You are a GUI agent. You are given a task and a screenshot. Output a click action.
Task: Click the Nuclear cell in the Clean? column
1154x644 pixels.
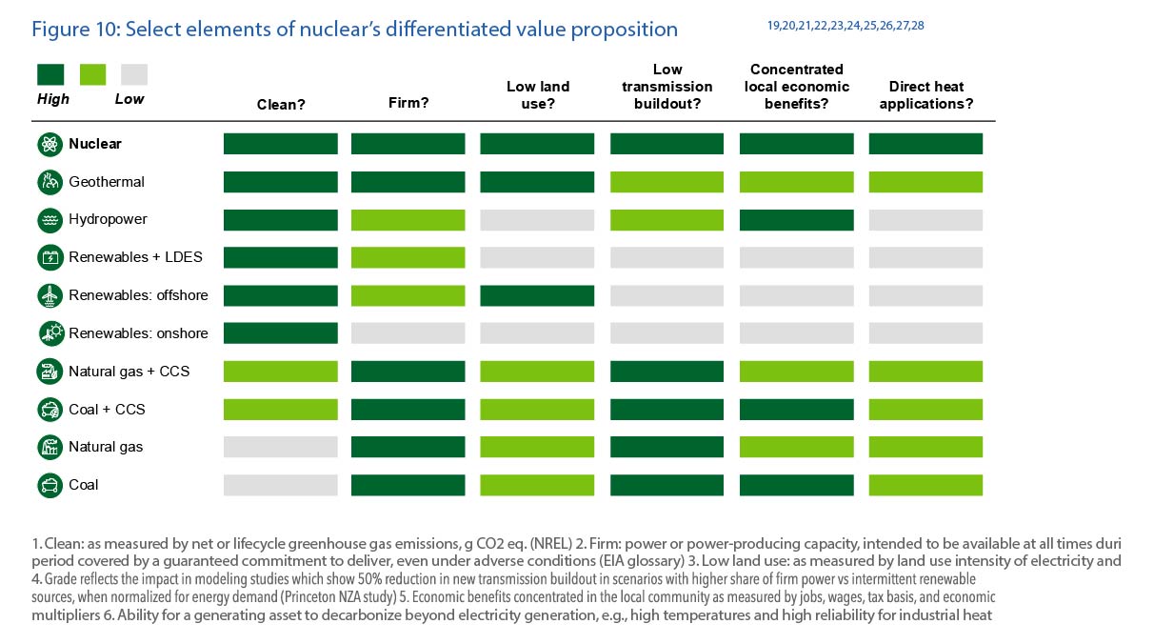click(281, 144)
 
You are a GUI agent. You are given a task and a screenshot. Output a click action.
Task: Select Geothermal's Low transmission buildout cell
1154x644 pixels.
click(667, 182)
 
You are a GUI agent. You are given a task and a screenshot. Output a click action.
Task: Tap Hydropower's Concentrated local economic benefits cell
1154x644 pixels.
click(796, 219)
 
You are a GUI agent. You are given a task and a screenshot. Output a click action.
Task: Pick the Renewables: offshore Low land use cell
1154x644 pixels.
click(537, 295)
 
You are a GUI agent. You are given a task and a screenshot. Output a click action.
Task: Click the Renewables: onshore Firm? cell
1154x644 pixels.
click(408, 332)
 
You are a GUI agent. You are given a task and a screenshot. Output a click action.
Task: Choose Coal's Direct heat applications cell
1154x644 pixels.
click(925, 485)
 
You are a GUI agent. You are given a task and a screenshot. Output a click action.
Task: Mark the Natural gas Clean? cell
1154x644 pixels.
click(281, 447)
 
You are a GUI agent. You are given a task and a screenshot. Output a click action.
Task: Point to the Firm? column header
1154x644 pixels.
click(408, 104)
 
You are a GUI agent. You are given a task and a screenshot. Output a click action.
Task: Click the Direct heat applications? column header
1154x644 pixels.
click(925, 95)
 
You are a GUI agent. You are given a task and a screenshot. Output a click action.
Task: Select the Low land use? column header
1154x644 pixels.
click(537, 95)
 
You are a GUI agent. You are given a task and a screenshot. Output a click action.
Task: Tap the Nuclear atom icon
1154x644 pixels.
click(50, 145)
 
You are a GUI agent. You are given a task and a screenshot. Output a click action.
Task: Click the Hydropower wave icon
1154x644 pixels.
click(50, 220)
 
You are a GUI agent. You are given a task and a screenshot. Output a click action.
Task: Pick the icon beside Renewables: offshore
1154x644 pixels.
click(50, 295)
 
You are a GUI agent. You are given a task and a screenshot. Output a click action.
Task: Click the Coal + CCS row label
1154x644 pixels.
click(107, 410)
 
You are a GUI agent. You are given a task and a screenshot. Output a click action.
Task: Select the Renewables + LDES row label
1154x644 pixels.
click(134, 257)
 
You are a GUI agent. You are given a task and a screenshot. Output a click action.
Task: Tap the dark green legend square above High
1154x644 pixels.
click(50, 74)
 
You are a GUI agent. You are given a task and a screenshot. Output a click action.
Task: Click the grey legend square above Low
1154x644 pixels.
click(133, 74)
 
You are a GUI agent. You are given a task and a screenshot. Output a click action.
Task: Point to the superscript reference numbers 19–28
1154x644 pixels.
click(845, 26)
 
